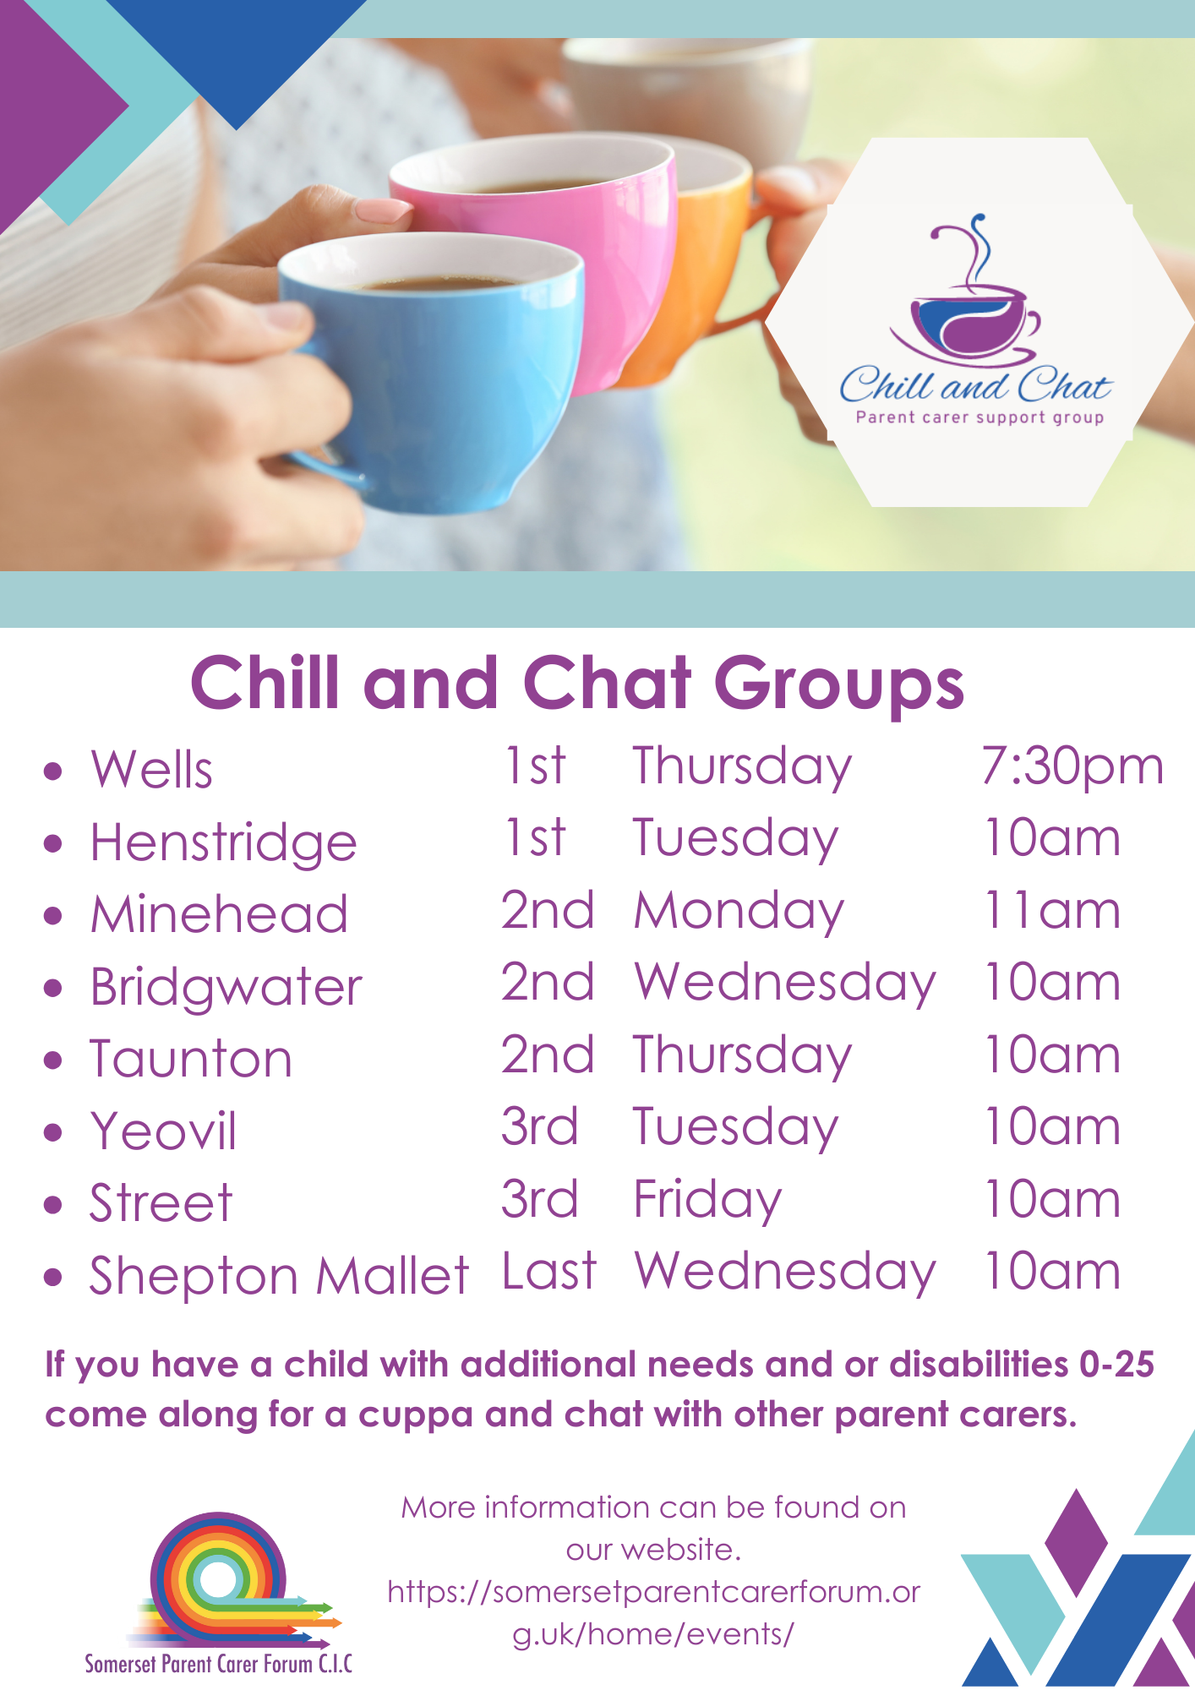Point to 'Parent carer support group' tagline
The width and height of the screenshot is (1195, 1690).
979,417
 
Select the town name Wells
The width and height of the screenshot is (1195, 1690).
152,770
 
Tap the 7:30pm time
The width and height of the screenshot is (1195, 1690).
1072,767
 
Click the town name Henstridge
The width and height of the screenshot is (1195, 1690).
224,843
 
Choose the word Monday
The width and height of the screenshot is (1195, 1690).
739,913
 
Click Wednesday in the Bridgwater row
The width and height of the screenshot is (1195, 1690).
784,984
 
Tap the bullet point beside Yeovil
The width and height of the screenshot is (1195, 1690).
53,1132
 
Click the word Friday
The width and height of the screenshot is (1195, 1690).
707,1200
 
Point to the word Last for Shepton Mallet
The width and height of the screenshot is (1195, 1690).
549,1272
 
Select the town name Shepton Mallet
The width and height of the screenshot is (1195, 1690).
279,1276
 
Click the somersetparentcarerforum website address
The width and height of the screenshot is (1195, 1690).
653,1612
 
